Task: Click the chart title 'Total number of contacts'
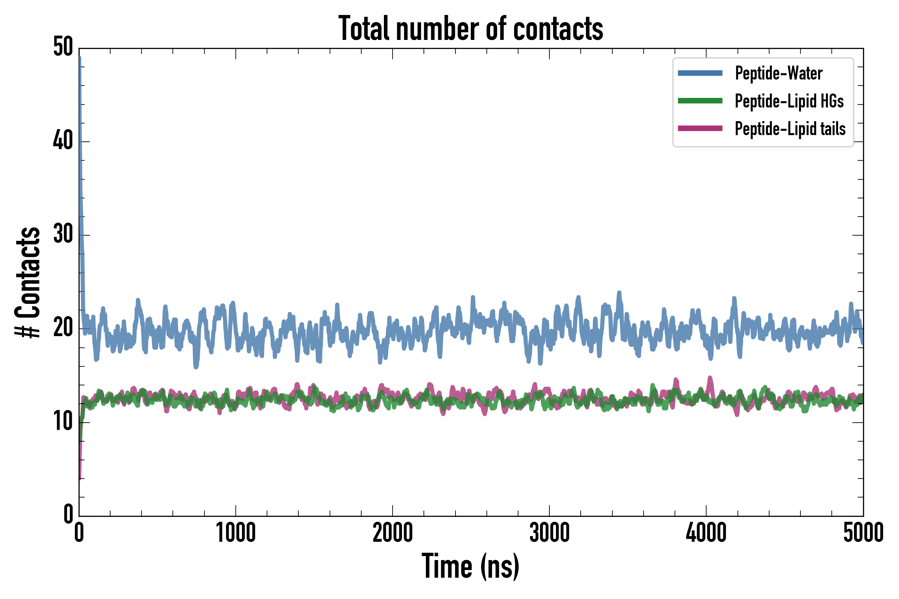(470, 28)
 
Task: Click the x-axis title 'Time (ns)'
(470, 566)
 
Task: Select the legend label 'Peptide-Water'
(778, 73)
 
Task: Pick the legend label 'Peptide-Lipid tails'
(790, 128)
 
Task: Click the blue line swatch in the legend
(700, 73)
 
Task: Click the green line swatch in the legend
(700, 101)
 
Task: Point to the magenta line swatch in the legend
(700, 128)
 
